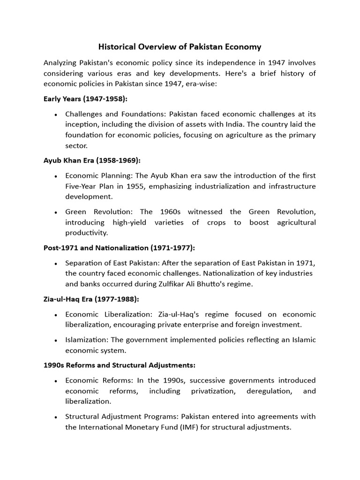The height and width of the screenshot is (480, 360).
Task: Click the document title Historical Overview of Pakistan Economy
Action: point(180,47)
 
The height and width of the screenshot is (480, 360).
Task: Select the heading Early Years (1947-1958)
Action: point(85,99)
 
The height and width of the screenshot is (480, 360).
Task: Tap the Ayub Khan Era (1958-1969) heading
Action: point(92,160)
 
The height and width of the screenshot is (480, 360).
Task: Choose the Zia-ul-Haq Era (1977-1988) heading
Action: point(91,299)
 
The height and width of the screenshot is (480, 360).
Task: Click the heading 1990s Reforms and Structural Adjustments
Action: point(120,365)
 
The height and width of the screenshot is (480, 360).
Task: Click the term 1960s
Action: point(170,212)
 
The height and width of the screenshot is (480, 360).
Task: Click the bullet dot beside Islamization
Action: point(56,340)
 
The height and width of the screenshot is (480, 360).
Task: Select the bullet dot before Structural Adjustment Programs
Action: point(56,417)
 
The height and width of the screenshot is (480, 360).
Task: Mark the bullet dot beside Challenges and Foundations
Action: point(56,114)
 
